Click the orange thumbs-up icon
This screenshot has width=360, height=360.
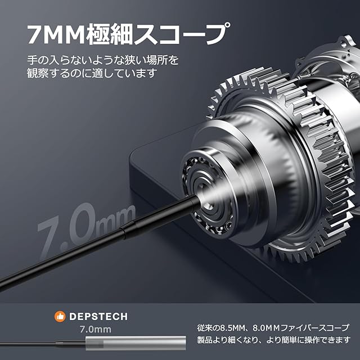[x=60, y=316]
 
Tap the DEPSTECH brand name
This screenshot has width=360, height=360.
[x=98, y=316]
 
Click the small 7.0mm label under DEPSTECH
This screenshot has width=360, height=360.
[x=96, y=330]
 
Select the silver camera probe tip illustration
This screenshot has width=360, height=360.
[x=136, y=343]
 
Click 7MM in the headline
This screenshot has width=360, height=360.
[x=57, y=34]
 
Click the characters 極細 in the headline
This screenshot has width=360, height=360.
[x=110, y=34]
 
